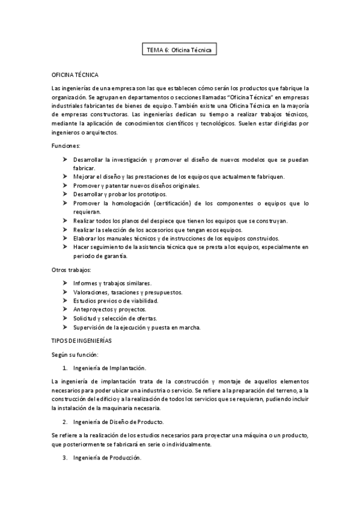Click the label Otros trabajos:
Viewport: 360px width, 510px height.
[x=72, y=269]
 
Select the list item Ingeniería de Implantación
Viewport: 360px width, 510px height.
[x=109, y=367]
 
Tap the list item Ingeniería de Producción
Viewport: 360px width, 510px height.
[x=107, y=458]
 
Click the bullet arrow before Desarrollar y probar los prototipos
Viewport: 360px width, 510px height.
[x=65, y=194]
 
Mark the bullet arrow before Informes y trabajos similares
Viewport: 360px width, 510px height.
[x=65, y=283]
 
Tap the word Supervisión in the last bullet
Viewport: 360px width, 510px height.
[x=90, y=327]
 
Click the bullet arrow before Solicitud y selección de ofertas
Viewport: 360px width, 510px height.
[x=65, y=318]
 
